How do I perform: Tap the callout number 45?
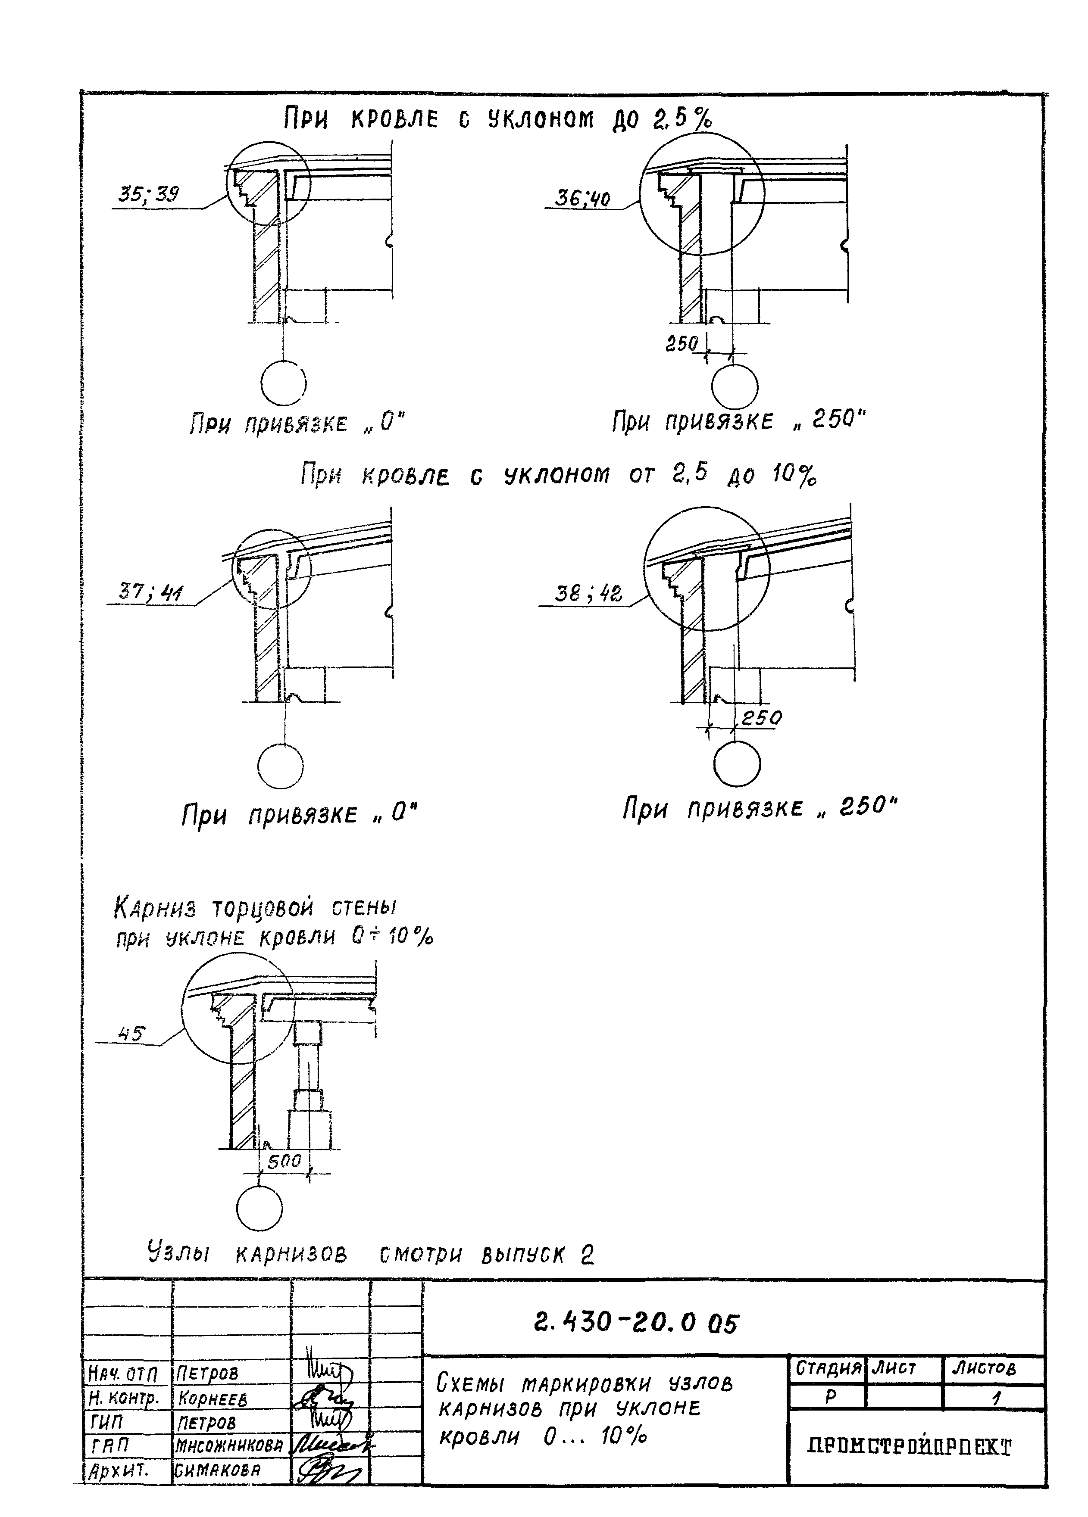(131, 1034)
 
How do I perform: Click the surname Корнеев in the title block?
(212, 1399)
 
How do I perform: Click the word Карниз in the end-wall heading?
(155, 908)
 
